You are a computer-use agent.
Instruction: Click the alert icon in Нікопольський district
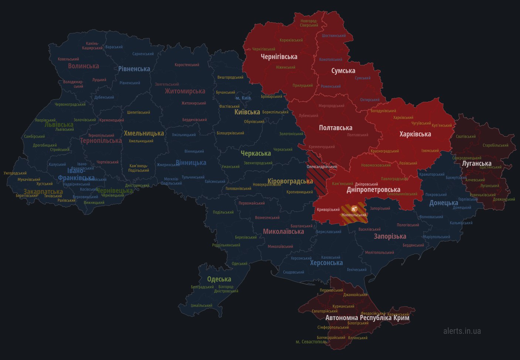tap(354, 209)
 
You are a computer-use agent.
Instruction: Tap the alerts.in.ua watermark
tap(462, 331)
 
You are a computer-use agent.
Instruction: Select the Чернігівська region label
tap(279, 57)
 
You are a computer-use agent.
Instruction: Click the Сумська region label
tap(343, 71)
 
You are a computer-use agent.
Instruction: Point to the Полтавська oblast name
tap(336, 128)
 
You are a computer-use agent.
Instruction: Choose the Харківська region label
tap(415, 134)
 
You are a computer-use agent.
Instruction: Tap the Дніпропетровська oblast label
tap(373, 190)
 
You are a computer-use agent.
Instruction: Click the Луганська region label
tap(477, 164)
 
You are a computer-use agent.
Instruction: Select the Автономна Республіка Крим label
tap(367, 318)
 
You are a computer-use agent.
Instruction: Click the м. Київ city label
tap(243, 98)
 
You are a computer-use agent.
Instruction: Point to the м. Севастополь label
tap(311, 342)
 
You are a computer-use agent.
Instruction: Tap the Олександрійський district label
tap(322, 167)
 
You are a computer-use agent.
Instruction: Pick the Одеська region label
tap(219, 280)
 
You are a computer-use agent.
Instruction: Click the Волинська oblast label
tap(84, 66)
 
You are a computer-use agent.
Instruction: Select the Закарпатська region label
tap(43, 192)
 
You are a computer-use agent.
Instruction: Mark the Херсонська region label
tap(326, 263)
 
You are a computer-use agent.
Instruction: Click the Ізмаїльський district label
tap(201, 306)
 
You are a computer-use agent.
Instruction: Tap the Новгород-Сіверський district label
tap(309, 23)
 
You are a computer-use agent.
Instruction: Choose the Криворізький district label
tap(328, 210)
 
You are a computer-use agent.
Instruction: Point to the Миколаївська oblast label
tap(283, 232)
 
